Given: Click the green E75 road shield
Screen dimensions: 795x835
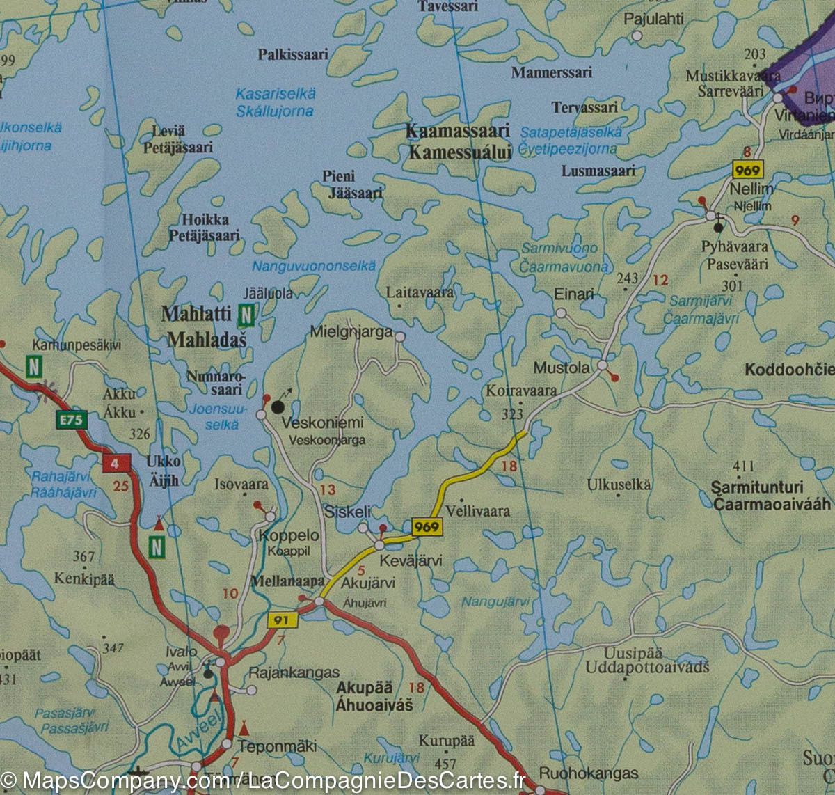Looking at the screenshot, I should click(67, 420).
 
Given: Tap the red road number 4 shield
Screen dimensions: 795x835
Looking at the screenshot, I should click(112, 462).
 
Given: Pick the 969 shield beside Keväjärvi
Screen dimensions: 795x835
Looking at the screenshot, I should click(427, 528).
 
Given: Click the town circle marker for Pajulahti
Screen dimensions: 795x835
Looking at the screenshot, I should click(636, 35).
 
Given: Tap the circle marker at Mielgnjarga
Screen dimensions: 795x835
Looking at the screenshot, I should click(400, 337).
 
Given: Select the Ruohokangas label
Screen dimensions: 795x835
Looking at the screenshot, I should click(589, 773).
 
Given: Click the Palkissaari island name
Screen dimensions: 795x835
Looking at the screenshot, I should click(292, 54).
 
